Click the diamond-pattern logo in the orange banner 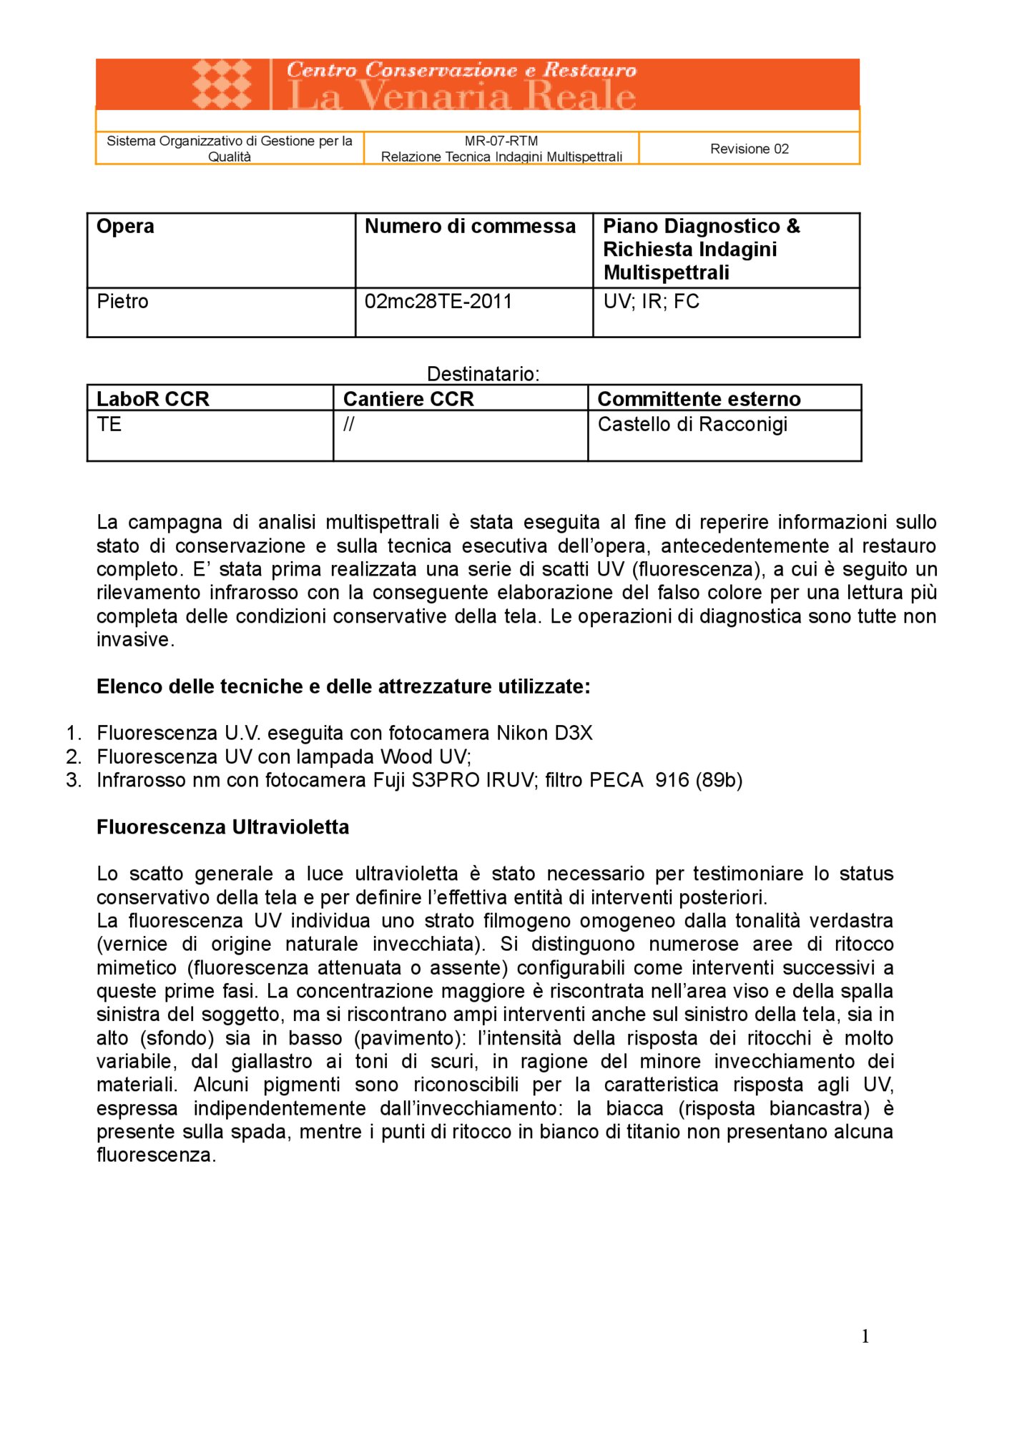222,84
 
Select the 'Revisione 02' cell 749,149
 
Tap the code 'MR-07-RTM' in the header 501,141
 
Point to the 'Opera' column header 125,227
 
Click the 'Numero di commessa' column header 470,227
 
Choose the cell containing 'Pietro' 122,302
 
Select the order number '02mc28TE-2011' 438,302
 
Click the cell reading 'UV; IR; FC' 651,302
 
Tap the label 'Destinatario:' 483,374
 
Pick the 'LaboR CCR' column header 152,399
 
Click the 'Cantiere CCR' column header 408,399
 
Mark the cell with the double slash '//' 348,425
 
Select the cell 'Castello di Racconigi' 692,425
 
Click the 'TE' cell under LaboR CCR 109,425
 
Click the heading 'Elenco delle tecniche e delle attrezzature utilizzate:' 343,686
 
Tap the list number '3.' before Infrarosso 74,780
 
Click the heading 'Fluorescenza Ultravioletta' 222,827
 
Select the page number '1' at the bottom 865,1336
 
